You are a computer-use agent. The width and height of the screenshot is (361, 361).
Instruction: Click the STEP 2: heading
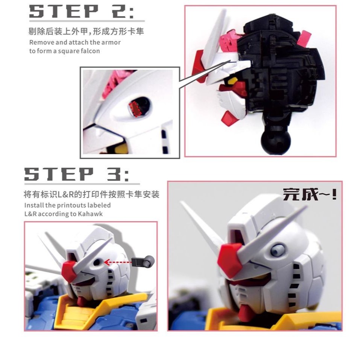tap(82, 12)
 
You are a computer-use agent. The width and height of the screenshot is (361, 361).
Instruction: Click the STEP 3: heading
tap(77, 175)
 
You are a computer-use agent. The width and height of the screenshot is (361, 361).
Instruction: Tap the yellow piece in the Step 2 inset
tap(120, 149)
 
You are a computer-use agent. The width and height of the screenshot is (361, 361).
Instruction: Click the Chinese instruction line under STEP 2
tap(86, 32)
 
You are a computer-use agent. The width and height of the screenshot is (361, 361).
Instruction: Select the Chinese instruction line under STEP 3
tap(92, 194)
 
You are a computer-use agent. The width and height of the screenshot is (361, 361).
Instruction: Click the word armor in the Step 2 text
tap(112, 42)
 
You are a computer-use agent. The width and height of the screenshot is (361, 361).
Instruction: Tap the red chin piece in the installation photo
tap(82, 300)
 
